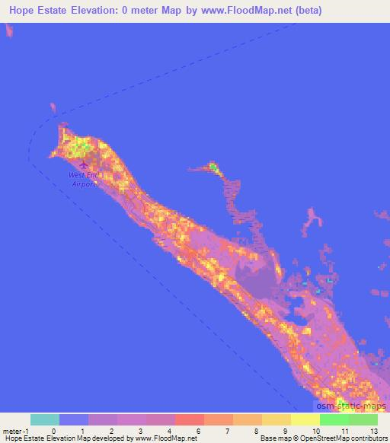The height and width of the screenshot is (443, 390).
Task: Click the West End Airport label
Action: (x=83, y=179)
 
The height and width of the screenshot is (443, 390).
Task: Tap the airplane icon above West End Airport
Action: (x=83, y=162)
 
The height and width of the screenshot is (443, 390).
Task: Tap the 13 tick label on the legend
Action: (x=374, y=430)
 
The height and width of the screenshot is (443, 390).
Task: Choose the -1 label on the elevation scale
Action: (x=29, y=430)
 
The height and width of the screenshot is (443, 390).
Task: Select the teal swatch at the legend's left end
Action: (x=44, y=419)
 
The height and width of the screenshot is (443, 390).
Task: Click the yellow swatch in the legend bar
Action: (x=305, y=419)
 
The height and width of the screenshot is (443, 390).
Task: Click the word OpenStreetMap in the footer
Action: (x=320, y=439)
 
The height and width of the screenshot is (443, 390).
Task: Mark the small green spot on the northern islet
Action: (x=214, y=167)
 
